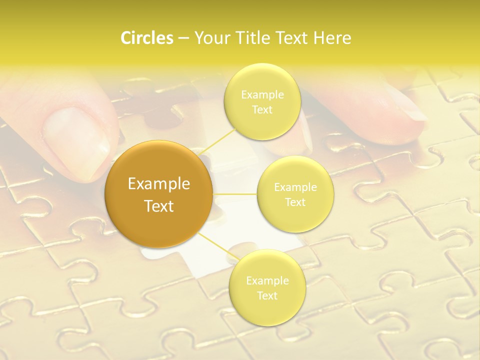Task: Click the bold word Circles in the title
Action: tap(147, 38)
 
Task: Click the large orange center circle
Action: tap(159, 194)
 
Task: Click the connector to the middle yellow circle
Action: tap(235, 194)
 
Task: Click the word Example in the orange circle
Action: tap(159, 184)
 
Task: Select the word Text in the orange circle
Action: tap(159, 206)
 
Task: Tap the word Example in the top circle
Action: tap(262, 94)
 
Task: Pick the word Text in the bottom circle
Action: tap(267, 295)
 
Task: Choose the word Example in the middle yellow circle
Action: tap(295, 187)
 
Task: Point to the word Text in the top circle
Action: tap(262, 109)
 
